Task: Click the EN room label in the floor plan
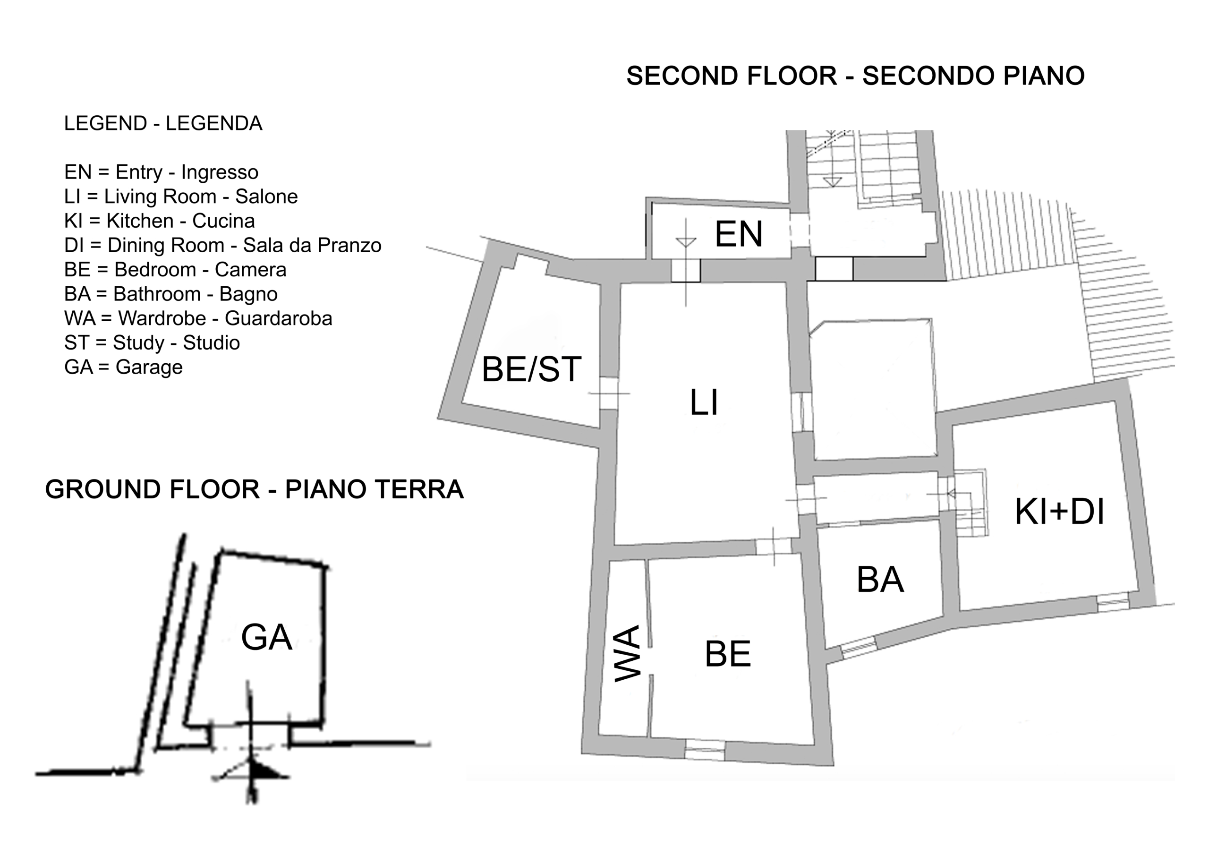click(x=738, y=234)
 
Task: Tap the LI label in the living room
click(x=704, y=402)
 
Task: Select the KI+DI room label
click(x=1059, y=512)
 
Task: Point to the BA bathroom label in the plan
click(x=880, y=580)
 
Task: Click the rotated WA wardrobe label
click(x=628, y=653)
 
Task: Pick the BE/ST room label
click(x=531, y=369)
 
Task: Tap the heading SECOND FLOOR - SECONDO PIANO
click(x=856, y=76)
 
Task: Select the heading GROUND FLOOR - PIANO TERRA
click(x=255, y=489)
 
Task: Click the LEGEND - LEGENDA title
click(x=163, y=123)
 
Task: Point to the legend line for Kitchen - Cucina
click(x=160, y=221)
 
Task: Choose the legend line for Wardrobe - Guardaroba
click(x=198, y=318)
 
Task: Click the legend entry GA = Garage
click(x=123, y=367)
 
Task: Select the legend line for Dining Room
click(x=223, y=246)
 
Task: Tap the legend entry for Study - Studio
click(x=152, y=343)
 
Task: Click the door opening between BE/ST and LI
click(x=609, y=393)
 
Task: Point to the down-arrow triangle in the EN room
click(x=686, y=242)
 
